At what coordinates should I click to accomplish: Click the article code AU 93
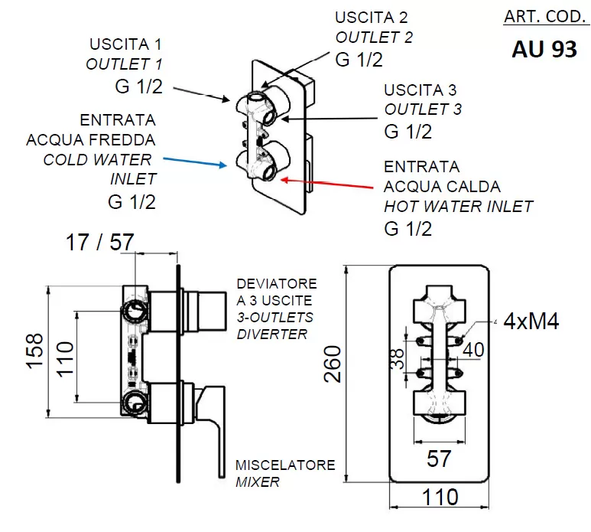coord(544,50)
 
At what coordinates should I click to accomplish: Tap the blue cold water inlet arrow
coord(195,162)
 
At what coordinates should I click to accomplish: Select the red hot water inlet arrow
coord(327,184)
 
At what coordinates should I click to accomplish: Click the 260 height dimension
coord(333,364)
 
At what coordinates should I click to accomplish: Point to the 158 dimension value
coord(34,351)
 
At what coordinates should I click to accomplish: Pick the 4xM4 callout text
coord(531,321)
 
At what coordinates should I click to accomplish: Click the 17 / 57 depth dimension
coord(99,242)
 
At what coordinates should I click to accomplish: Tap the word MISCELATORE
coord(285,465)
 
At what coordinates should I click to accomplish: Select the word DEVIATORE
coord(277,284)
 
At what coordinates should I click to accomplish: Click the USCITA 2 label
coord(372,18)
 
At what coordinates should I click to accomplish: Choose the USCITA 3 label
coord(420,90)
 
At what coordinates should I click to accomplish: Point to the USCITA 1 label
coord(125,44)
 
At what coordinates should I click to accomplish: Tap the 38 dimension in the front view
coord(398,358)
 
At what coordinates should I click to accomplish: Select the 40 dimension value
coord(473,350)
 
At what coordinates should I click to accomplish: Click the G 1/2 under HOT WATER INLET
coord(408,229)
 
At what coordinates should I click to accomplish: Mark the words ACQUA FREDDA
coord(91,140)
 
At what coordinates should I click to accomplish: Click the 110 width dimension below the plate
coord(440,497)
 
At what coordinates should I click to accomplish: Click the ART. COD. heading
coord(544,17)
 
